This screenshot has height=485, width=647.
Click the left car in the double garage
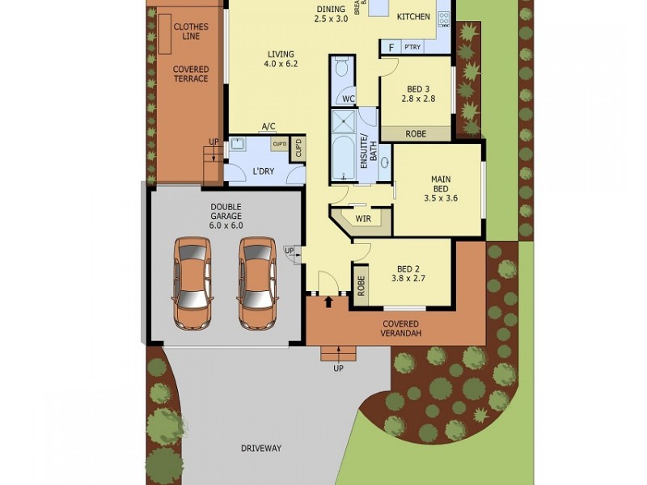(192, 282)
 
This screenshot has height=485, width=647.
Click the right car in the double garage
(258, 282)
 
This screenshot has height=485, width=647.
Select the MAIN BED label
(441, 188)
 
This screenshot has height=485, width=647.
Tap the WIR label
(362, 217)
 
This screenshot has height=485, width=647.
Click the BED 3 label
(418, 94)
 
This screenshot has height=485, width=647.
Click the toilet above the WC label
(341, 69)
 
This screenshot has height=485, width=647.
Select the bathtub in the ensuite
(344, 159)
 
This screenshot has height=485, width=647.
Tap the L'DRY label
(264, 172)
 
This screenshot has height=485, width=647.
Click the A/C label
(269, 126)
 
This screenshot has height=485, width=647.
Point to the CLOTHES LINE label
(191, 32)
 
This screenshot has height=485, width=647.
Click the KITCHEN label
(412, 16)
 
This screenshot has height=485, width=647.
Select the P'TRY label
(413, 48)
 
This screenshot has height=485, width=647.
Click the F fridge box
(391, 48)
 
